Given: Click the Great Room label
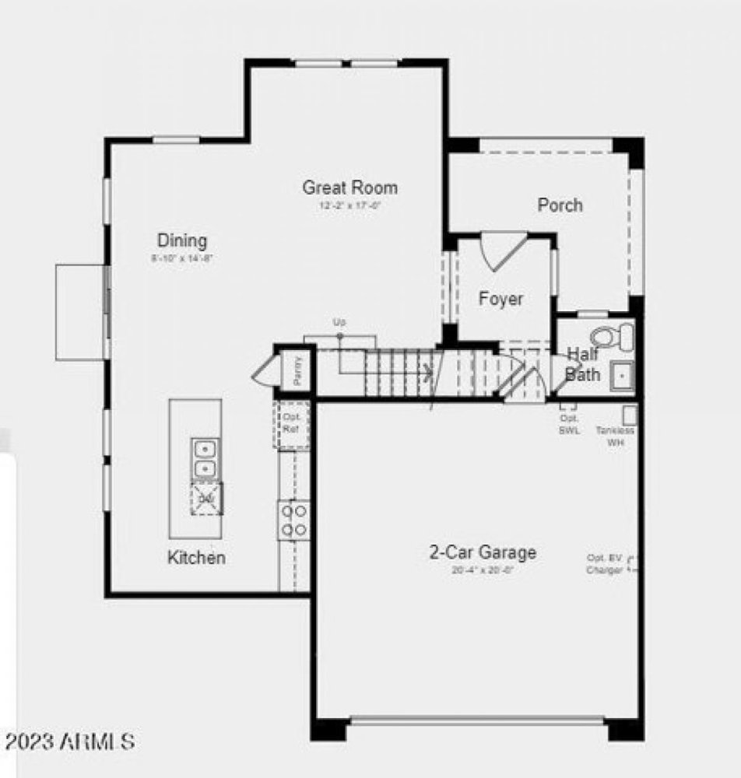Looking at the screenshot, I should pyautogui.click(x=349, y=187).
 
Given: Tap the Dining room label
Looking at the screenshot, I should pyautogui.click(x=182, y=240).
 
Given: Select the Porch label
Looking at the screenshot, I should pyautogui.click(x=560, y=205).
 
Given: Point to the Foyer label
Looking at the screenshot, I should pyautogui.click(x=500, y=300).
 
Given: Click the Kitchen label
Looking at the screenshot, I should pyautogui.click(x=197, y=558).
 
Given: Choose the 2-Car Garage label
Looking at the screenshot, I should pyautogui.click(x=483, y=553).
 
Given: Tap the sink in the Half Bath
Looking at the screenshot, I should pyautogui.click(x=621, y=376).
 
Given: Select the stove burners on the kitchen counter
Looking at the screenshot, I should pyautogui.click(x=293, y=520).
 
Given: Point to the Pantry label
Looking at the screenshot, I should pyautogui.click(x=298, y=369).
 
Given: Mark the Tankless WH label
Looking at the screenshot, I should pyautogui.click(x=615, y=436).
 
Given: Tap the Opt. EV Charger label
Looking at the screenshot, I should pyautogui.click(x=605, y=564).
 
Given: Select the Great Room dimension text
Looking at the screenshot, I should pyautogui.click(x=349, y=207).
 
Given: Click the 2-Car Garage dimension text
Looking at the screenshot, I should pyautogui.click(x=483, y=570).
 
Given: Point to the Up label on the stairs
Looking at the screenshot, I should pyautogui.click(x=339, y=322).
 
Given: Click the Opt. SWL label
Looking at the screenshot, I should pyautogui.click(x=569, y=425).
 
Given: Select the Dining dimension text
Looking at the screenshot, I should pyautogui.click(x=182, y=258).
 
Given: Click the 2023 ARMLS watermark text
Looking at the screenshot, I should pyautogui.click(x=70, y=741).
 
